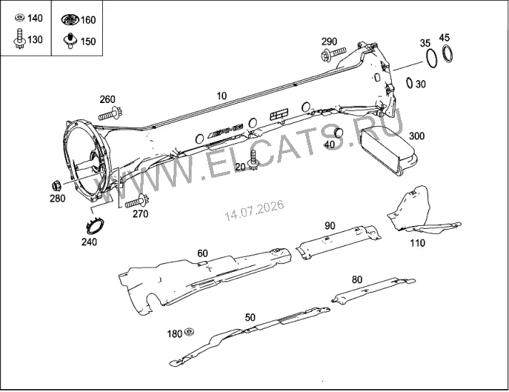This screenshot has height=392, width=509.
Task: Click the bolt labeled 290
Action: coord(333,54)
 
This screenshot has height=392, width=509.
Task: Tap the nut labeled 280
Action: coord(56,186)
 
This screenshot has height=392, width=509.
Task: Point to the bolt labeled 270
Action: coord(137,202)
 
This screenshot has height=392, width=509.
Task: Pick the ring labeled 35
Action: coord(431,59)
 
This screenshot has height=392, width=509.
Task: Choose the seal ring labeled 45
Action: coord(448,53)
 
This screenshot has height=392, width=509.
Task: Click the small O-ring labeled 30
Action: coord(410,82)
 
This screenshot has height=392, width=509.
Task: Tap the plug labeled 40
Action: coord(339,133)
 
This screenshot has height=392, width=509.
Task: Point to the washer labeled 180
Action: coord(189,332)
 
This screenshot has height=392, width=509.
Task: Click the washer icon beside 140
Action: coord(20,18)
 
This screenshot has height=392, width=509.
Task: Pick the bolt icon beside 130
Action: coord(19,39)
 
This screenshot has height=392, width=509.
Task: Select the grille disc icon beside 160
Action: coord(70,19)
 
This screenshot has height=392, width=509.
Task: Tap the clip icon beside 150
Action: coord(70,41)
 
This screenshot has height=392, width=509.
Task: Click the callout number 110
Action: coord(417,242)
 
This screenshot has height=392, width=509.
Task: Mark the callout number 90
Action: coord(330,226)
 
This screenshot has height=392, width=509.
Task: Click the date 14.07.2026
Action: coord(254,210)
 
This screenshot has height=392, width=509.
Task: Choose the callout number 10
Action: coord(222,96)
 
